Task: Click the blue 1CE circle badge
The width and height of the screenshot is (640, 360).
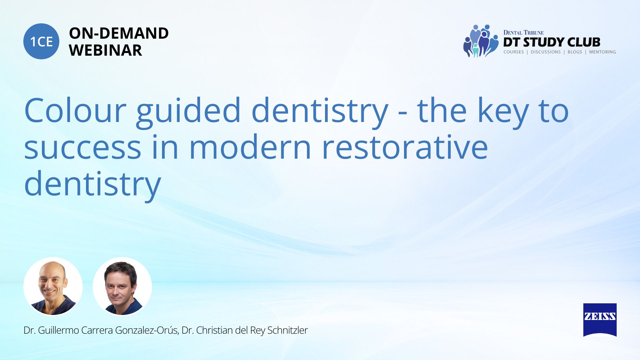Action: coord(41,41)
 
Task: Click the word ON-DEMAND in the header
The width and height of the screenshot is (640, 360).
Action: coord(119,33)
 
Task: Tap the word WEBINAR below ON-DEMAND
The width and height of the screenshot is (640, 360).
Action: coord(105,50)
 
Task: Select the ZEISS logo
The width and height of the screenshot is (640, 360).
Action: coord(600,320)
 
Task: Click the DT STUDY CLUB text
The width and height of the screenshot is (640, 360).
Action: coord(552,42)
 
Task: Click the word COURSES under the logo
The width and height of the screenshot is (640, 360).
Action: coord(514,52)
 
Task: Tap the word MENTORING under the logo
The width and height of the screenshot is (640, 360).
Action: coord(602,52)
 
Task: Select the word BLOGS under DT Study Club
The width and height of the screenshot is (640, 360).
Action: coord(575,52)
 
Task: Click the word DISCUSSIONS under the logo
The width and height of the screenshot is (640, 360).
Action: coord(546,52)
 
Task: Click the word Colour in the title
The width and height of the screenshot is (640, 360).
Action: coord(75,110)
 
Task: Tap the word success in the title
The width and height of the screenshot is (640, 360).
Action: coord(83,147)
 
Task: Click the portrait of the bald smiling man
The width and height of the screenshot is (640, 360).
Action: coord(53,286)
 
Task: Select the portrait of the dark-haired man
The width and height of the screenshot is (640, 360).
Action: coord(122,286)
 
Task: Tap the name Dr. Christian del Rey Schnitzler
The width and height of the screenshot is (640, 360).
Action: coord(245,330)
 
